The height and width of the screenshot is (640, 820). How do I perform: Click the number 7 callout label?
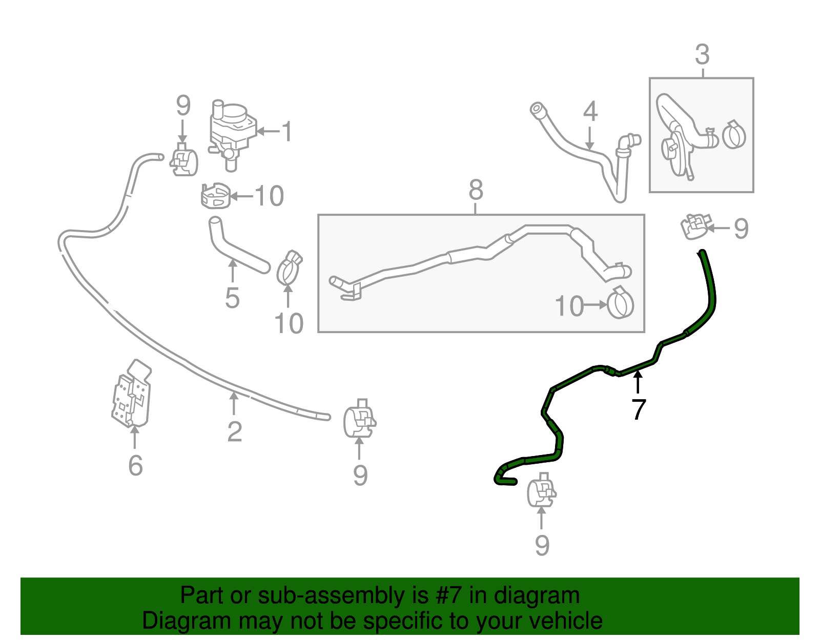pyautogui.click(x=638, y=409)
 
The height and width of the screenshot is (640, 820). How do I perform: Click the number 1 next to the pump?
pyautogui.click(x=287, y=132)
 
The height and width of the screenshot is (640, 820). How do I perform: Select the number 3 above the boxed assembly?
pyautogui.click(x=702, y=54)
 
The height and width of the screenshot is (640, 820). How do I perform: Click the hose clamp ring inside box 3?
pyautogui.click(x=734, y=135)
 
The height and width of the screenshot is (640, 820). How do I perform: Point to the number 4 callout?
pyautogui.click(x=590, y=111)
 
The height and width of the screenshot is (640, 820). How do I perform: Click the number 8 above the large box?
pyautogui.click(x=476, y=190)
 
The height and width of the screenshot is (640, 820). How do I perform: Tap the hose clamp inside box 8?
pyautogui.click(x=620, y=303)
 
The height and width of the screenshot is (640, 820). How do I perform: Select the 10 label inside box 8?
pyautogui.click(x=569, y=306)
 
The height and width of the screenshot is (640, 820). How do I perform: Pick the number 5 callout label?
pyautogui.click(x=232, y=298)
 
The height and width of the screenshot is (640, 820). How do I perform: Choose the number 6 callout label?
pyautogui.click(x=135, y=465)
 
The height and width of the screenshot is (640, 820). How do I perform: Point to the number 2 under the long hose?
pyautogui.click(x=234, y=431)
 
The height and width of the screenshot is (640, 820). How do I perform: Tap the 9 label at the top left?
pyautogui.click(x=183, y=107)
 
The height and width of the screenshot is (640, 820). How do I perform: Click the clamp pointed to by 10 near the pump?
pyautogui.click(x=215, y=196)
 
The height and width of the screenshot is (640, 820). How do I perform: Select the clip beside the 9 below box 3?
pyautogui.click(x=695, y=226)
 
